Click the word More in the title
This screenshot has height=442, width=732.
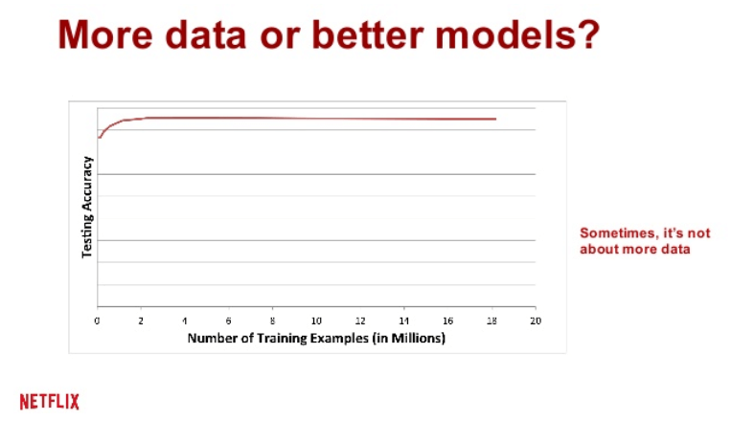[105, 34]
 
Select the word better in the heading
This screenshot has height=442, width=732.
[368, 34]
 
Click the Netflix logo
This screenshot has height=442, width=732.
[50, 402]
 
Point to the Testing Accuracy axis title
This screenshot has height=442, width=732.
[87, 207]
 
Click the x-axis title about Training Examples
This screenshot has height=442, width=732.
[316, 338]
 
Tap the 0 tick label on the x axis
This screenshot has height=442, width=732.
[97, 320]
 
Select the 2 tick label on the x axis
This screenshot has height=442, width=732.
[141, 320]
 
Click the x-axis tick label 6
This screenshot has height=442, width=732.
[228, 320]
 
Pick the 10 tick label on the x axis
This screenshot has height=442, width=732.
[316, 320]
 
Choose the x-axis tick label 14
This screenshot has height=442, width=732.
[403, 320]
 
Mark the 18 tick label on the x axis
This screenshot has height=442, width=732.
[492, 320]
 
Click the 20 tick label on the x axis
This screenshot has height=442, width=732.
[536, 320]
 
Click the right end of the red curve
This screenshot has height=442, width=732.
[495, 119]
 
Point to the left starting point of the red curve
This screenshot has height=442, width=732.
[99, 138]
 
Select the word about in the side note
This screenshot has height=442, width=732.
[600, 249]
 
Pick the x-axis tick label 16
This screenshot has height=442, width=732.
[447, 320]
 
